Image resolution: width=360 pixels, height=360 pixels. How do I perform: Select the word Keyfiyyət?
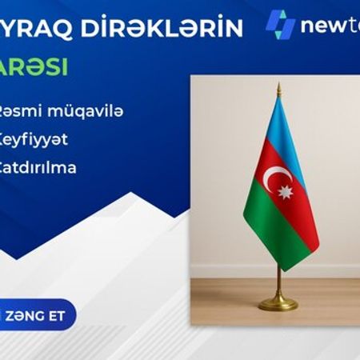coord(34,139)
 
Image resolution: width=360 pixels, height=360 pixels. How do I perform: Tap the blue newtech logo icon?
coord(280,25)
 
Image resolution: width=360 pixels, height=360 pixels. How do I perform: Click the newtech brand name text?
coord(330,26)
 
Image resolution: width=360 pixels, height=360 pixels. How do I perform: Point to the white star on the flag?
coord(286,191)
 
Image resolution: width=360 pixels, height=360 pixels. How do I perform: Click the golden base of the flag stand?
coord(278,302)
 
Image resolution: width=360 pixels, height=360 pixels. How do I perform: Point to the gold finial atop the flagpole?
coord(278,88)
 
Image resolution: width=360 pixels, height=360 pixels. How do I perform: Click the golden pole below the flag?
coord(278,276)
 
